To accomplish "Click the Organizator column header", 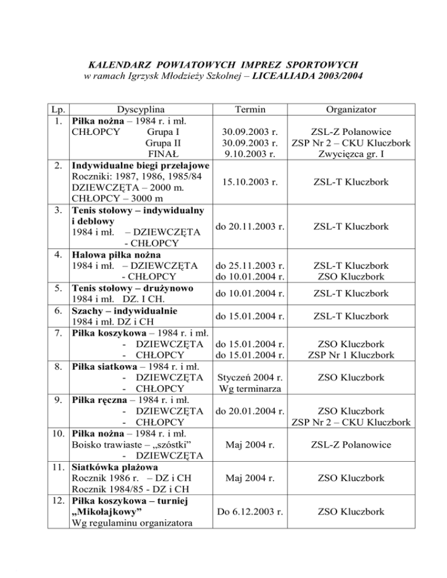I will [351, 109].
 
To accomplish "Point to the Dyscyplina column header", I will [140, 109].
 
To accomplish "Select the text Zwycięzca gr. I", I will [352, 154].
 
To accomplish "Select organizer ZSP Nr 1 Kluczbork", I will [352, 355].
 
